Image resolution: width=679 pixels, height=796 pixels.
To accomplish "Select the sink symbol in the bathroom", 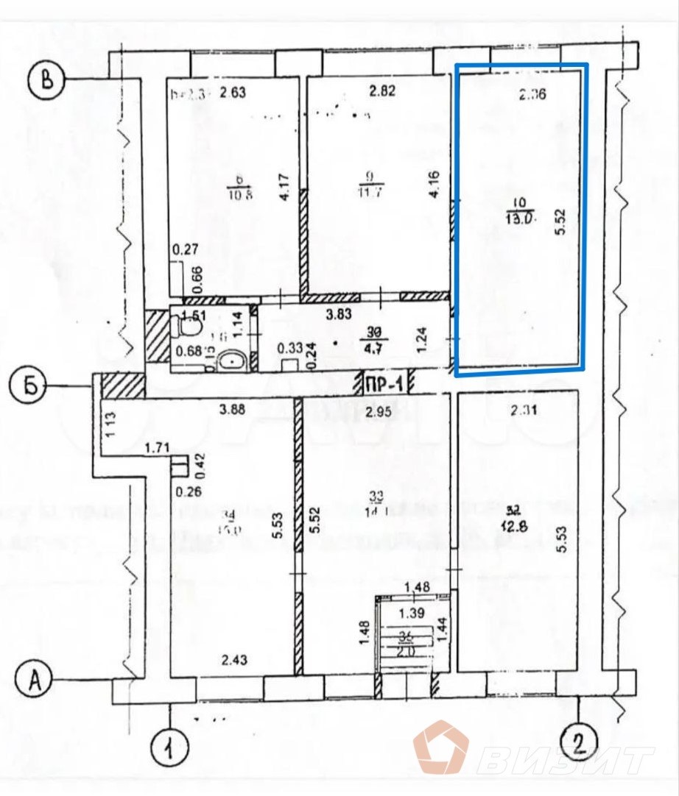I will pyautogui.click(x=234, y=360).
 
